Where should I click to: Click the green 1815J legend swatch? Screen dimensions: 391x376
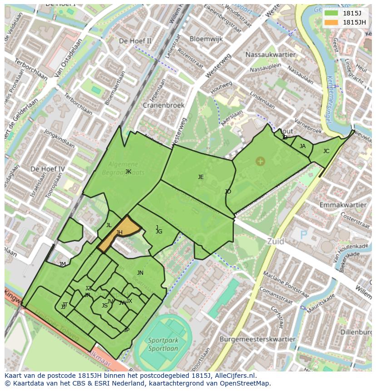[x=331, y=13]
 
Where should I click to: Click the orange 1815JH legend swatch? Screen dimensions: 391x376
[x=331, y=22]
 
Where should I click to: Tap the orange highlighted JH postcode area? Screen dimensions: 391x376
[x=119, y=233]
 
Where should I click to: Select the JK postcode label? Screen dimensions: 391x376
[x=128, y=172]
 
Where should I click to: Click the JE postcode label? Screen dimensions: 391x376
[x=201, y=177]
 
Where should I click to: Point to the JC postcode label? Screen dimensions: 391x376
[x=326, y=151]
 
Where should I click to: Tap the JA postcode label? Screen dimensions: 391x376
[x=302, y=146]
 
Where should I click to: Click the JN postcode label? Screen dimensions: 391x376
[x=140, y=273]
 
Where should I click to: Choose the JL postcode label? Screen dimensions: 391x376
[x=109, y=225]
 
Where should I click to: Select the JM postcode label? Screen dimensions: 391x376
[x=63, y=264]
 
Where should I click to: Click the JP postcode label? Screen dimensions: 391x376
[x=126, y=330]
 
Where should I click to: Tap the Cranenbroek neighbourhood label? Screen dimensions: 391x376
[x=163, y=105]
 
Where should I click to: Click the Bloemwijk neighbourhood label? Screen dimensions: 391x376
[x=206, y=39]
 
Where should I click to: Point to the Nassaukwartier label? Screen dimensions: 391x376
[x=270, y=54]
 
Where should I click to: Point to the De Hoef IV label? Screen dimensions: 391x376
[x=48, y=169]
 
